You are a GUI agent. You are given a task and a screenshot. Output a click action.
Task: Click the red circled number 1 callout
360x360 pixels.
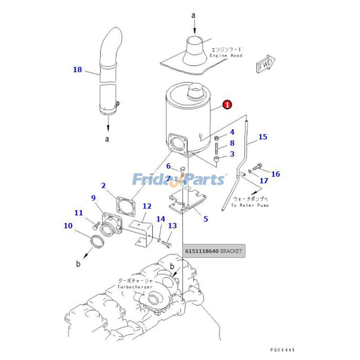(228, 105)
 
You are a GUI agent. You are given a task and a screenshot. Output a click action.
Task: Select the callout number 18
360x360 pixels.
(77, 69)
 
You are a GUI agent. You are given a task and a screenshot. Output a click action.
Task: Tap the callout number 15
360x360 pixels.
(263, 136)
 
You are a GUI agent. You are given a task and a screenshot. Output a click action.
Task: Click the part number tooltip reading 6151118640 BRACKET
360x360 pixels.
(214, 251)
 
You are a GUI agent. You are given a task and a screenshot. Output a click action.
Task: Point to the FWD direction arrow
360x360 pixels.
(265, 65)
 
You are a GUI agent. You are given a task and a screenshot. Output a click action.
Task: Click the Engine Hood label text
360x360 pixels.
(226, 55)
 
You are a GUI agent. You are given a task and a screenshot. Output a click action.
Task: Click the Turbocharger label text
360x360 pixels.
(135, 287)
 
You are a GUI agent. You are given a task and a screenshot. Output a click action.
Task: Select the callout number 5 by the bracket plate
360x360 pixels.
(206, 219)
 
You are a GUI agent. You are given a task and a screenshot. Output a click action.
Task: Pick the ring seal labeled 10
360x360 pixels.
(97, 243)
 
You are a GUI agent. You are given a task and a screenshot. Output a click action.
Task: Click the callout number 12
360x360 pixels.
(147, 206)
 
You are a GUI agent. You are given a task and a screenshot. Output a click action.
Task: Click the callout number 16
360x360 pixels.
(275, 174)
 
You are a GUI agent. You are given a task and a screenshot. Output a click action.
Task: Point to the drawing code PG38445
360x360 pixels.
(283, 349)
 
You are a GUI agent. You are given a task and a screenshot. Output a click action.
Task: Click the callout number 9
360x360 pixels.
(93, 198)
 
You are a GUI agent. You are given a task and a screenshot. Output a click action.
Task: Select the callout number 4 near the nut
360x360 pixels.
(232, 132)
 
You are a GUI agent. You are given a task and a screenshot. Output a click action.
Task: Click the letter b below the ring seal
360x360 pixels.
(78, 264)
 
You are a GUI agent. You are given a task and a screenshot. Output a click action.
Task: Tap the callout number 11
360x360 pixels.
(79, 212)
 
